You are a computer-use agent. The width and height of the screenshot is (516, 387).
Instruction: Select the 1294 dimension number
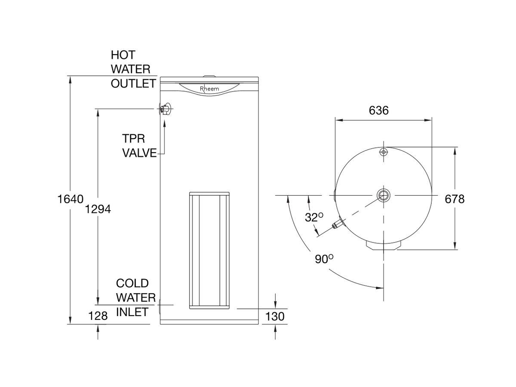98,209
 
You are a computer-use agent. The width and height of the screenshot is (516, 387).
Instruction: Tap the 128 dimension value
98,316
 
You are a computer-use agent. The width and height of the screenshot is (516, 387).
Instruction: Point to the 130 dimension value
275,316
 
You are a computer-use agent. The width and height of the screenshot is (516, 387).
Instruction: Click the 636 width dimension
379,111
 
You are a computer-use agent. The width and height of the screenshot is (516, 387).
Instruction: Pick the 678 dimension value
455,199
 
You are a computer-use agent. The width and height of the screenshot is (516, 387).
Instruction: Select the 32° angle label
314,218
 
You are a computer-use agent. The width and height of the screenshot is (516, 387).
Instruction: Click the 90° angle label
325,259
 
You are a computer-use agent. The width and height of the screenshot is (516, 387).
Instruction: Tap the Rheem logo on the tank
209,89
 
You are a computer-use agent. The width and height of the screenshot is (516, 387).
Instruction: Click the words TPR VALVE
139,146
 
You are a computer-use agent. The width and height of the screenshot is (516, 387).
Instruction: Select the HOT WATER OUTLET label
132,69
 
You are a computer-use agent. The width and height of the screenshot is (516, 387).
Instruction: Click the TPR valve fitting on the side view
165,109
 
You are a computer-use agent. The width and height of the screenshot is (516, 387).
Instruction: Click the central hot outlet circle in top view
383,195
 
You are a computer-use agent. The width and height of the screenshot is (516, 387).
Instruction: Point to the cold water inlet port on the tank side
160,307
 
